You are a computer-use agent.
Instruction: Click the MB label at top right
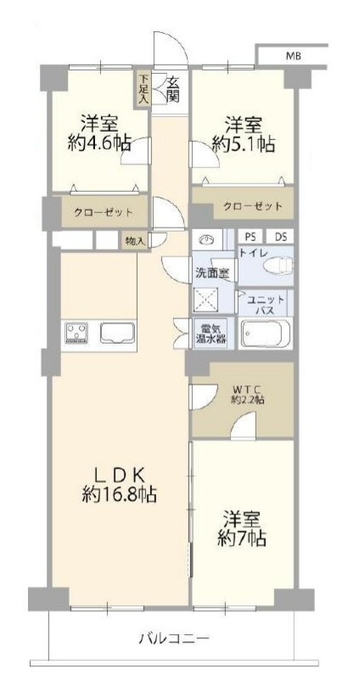[x=292, y=56]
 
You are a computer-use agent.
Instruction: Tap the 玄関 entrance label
[x=172, y=89]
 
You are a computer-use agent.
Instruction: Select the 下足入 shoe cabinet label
[x=144, y=89]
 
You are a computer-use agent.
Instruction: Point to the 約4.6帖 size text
[x=99, y=144]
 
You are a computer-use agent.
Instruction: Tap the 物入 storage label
[x=135, y=240]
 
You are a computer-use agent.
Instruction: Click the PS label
[x=250, y=237]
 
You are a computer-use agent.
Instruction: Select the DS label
[x=280, y=237]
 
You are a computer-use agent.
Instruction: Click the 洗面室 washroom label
[x=213, y=273]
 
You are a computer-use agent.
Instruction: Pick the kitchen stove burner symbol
[x=77, y=332]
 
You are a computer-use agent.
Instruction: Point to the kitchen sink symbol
[x=118, y=332]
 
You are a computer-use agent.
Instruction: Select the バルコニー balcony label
[x=173, y=637]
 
